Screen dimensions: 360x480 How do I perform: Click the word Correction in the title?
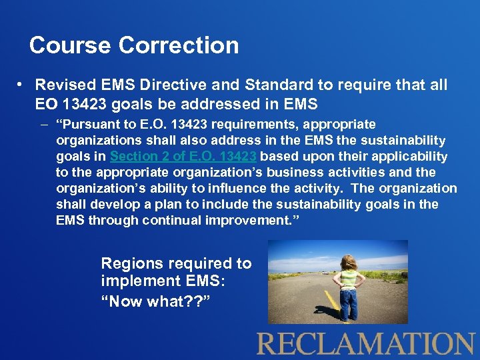tap(179, 45)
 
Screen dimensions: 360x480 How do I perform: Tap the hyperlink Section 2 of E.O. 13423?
tap(184, 156)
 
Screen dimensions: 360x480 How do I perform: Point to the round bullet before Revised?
tap(22, 85)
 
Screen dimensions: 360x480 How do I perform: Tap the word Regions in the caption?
tap(132, 263)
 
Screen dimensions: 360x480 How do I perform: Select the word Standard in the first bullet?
tap(275, 85)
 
